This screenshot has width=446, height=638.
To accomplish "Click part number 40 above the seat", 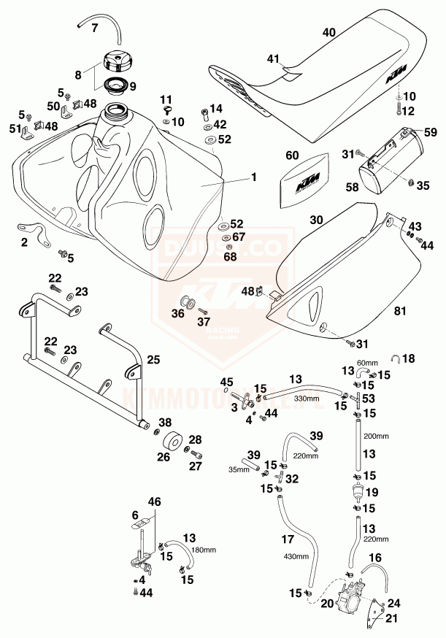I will click(328, 32).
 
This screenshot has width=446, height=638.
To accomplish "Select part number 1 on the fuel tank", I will click(254, 176).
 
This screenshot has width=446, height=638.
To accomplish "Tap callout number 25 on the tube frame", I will click(153, 360).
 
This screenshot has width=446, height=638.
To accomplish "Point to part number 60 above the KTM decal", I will click(293, 155).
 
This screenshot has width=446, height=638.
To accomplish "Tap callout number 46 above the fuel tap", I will click(155, 502).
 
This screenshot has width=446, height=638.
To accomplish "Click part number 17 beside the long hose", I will click(289, 541).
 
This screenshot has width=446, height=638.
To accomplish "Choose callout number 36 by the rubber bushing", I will click(178, 315).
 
